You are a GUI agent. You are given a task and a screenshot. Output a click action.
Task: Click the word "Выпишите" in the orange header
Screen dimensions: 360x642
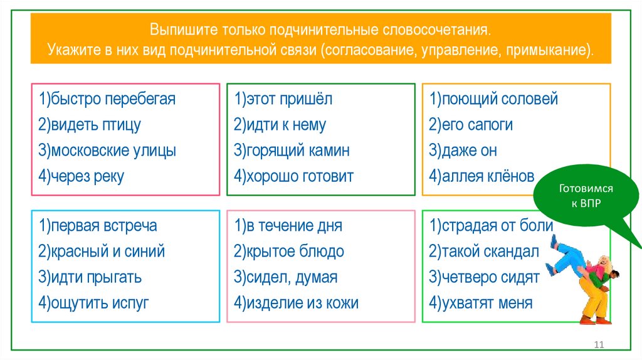[176, 30]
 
